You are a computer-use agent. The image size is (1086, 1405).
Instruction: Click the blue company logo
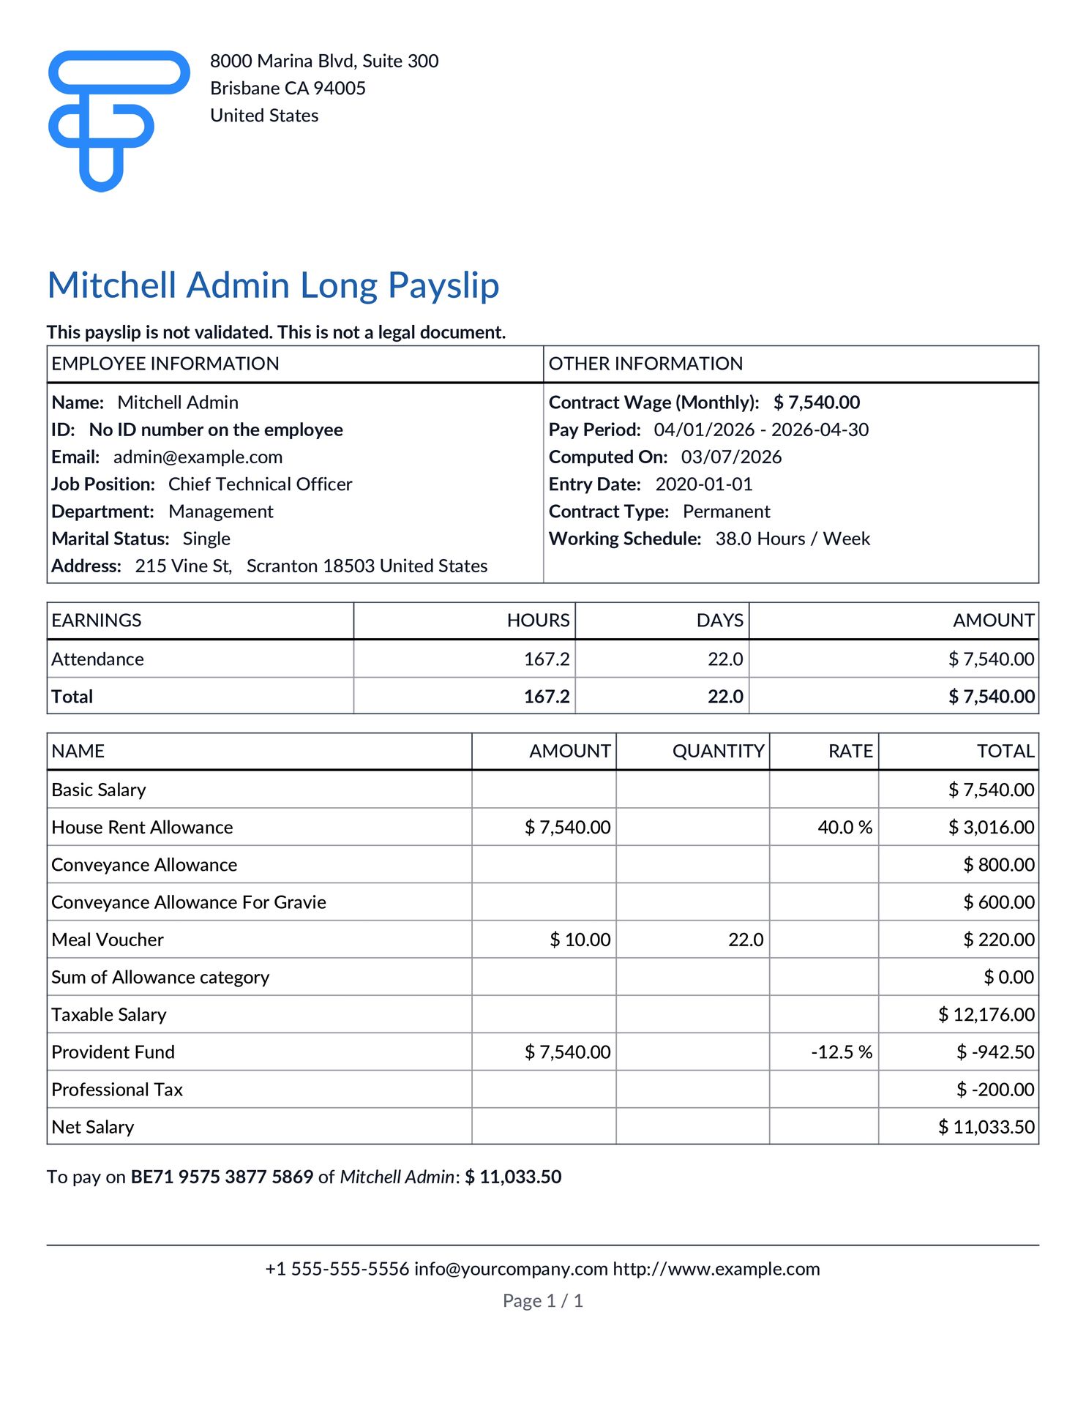click(118, 120)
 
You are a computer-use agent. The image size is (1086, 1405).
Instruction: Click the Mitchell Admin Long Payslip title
click(273, 285)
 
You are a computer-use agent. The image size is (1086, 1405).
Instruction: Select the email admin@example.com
click(198, 457)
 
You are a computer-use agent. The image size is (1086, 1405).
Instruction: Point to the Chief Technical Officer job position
click(260, 484)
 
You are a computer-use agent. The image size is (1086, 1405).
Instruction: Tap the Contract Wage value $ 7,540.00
click(816, 402)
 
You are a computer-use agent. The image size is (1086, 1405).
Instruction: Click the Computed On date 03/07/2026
click(731, 457)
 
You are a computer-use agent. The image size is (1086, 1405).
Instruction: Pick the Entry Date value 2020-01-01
click(703, 484)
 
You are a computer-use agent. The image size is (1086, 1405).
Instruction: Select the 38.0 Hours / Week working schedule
click(793, 539)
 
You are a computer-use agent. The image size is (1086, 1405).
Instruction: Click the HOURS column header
click(538, 621)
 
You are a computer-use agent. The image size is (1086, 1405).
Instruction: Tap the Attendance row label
click(97, 659)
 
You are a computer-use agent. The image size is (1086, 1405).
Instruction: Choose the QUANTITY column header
click(718, 752)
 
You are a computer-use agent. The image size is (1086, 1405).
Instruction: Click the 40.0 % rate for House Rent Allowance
click(845, 828)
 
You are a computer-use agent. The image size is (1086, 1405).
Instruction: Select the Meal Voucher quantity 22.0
click(745, 940)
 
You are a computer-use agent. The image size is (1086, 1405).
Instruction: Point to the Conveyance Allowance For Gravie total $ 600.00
click(998, 903)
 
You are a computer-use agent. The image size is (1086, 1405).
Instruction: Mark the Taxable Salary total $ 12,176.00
click(986, 1015)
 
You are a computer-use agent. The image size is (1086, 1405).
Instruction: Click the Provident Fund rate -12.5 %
click(841, 1052)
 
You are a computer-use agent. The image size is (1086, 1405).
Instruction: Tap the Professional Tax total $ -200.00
click(995, 1090)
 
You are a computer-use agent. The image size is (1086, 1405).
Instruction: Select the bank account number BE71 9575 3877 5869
click(222, 1177)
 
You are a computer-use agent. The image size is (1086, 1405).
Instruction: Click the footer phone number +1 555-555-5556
click(337, 1269)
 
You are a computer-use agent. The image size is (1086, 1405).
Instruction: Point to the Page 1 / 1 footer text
click(542, 1301)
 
